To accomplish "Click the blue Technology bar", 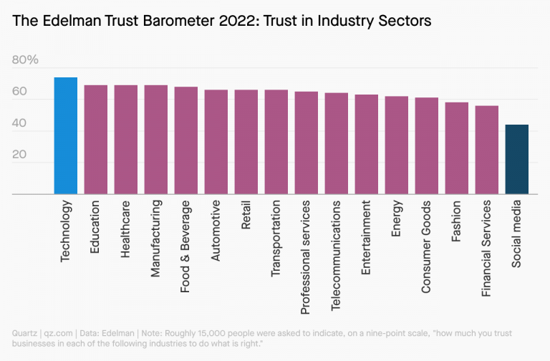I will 66,136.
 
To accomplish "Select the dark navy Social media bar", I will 517,160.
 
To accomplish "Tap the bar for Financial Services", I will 487,150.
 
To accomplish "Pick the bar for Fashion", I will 457,148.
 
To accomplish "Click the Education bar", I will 96,140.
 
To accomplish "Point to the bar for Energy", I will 397,145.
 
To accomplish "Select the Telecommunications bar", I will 337,144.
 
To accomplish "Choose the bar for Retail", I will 246,142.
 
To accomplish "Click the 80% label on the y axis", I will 25,60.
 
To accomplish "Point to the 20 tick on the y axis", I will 19,155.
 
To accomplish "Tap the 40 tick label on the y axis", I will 19,123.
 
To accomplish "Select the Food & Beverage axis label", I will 185,248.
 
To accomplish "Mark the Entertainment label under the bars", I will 366,239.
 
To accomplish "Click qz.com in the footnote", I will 59,333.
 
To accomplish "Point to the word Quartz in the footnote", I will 25,333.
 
